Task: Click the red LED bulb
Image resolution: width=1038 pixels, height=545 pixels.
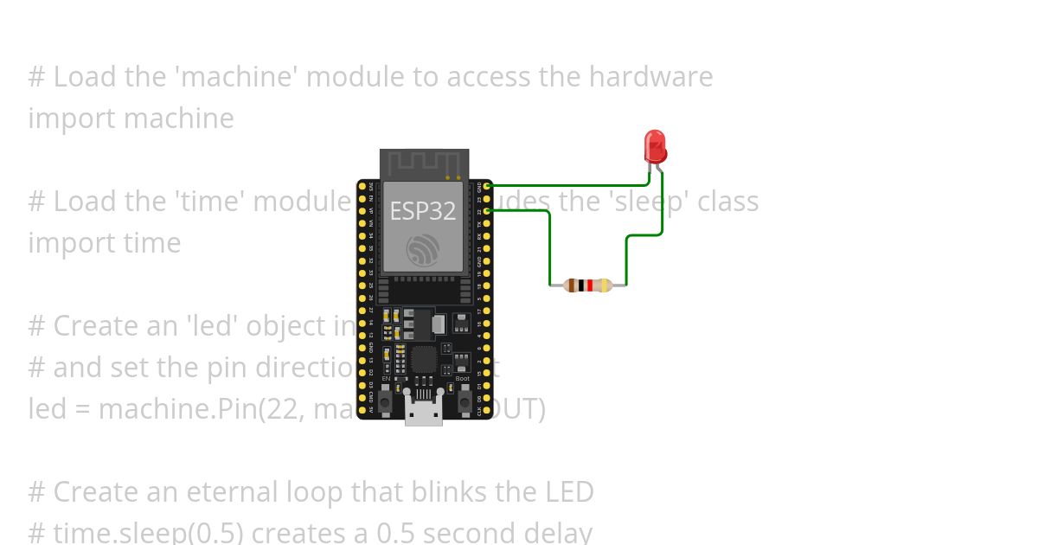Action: pyautogui.click(x=655, y=145)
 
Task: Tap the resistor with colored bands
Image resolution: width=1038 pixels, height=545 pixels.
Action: pyautogui.click(x=588, y=285)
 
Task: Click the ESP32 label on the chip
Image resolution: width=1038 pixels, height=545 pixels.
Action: pyautogui.click(x=423, y=210)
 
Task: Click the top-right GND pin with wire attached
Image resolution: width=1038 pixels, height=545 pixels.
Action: pyautogui.click(x=488, y=185)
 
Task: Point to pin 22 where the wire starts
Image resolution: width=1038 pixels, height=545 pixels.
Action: pyautogui.click(x=488, y=210)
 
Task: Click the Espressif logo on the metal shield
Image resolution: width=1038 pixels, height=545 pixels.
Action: pyautogui.click(x=423, y=250)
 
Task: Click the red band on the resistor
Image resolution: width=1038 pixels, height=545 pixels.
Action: pyautogui.click(x=590, y=285)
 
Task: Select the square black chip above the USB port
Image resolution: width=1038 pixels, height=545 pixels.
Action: pyautogui.click(x=424, y=358)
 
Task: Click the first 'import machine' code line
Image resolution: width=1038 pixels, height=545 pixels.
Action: pyautogui.click(x=131, y=119)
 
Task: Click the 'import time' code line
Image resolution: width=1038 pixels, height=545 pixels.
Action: pyautogui.click(x=104, y=243)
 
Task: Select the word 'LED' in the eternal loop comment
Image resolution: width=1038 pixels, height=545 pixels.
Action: pyautogui.click(x=568, y=492)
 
